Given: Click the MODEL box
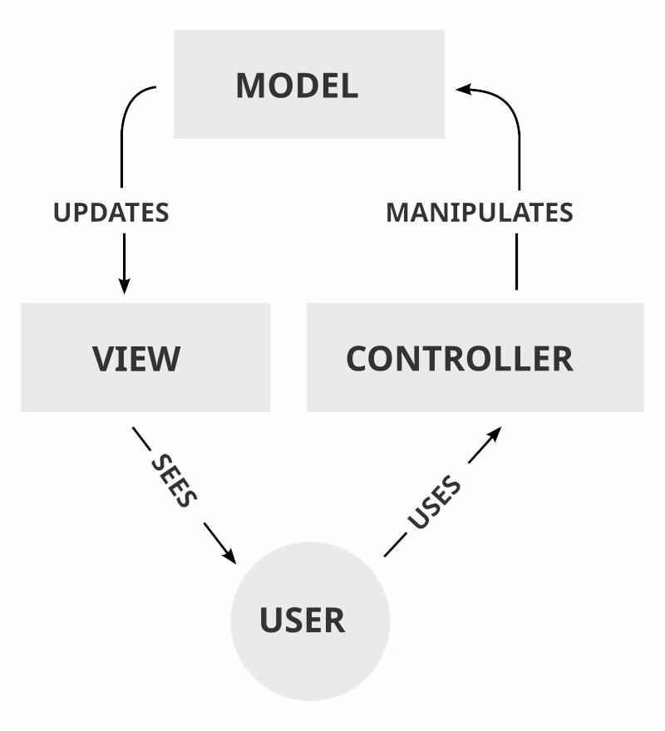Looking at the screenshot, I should point(308,84).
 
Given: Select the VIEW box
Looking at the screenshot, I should point(145,357).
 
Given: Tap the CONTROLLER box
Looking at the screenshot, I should point(475,357).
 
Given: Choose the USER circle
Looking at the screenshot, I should point(309,621).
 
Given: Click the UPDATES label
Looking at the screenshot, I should point(111,213).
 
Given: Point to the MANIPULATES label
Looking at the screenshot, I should point(479,213).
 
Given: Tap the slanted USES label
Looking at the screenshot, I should point(434,503).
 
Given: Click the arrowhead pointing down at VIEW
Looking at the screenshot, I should point(124,285).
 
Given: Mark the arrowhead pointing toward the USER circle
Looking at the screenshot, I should point(229,554).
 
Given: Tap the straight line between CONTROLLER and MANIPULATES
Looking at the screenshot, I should point(516,262).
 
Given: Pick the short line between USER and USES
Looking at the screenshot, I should point(395,547).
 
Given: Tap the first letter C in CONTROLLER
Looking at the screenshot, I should point(358,359).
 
